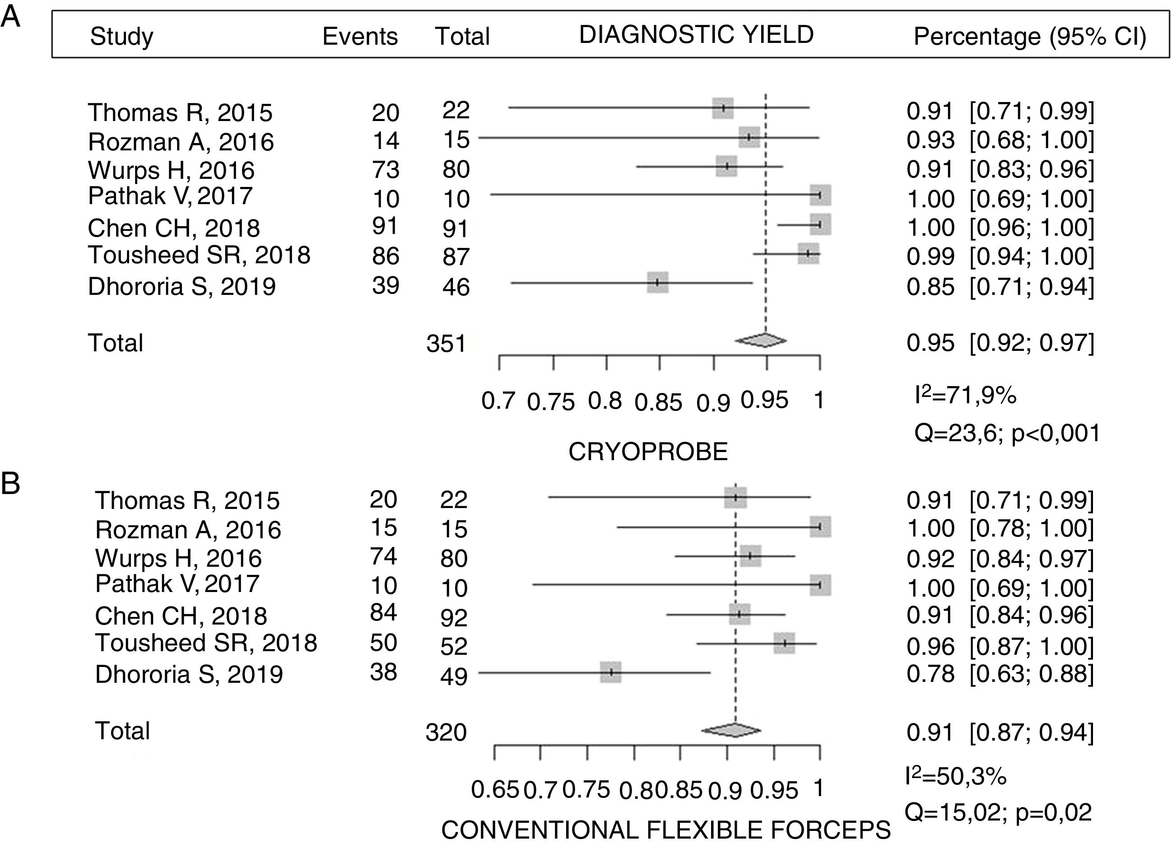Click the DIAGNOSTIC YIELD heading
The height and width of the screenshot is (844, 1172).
click(x=696, y=35)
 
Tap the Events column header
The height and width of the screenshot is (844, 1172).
click(x=360, y=37)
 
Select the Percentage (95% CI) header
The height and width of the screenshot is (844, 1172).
click(x=1030, y=37)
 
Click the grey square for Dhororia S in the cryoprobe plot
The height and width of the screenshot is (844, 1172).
click(x=657, y=283)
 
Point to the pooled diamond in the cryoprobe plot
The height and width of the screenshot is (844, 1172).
click(x=761, y=340)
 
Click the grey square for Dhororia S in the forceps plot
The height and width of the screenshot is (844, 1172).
click(x=611, y=672)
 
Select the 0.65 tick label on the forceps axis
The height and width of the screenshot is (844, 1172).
click(x=494, y=790)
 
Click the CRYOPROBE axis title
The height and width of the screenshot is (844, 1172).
click(x=648, y=452)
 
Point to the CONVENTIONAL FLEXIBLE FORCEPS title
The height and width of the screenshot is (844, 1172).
click(x=665, y=830)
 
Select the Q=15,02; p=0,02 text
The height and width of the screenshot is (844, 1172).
click(x=998, y=812)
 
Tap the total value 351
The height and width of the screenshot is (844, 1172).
click(x=446, y=344)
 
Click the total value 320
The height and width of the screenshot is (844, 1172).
click(x=446, y=732)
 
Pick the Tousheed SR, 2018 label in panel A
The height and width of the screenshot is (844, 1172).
click(x=199, y=255)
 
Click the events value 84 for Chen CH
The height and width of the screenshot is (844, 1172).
click(x=383, y=612)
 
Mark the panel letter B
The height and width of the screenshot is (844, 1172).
click(x=10, y=484)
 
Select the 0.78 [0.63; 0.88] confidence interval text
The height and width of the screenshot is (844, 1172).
click(x=1000, y=674)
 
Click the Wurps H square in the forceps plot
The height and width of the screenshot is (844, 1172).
click(x=750, y=556)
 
